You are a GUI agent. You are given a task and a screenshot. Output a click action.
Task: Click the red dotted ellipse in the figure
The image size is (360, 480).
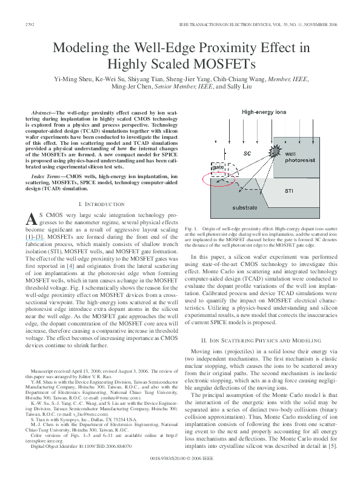[x=225, y=175]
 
